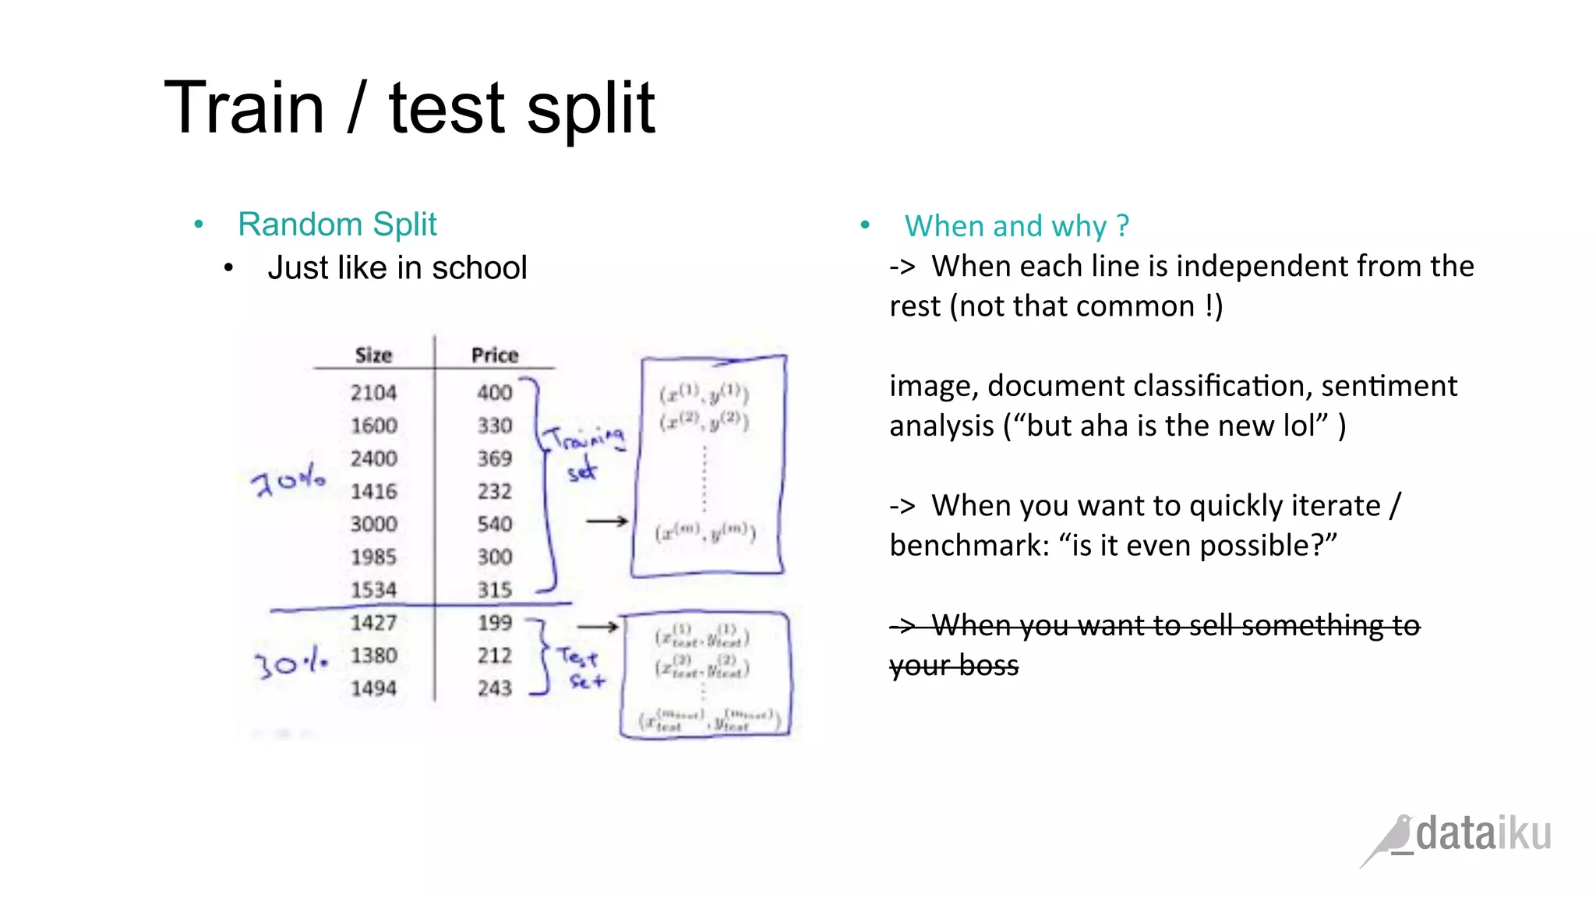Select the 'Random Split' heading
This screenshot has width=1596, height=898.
[337, 224]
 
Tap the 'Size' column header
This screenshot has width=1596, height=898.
[373, 355]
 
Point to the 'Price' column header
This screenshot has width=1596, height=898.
[495, 355]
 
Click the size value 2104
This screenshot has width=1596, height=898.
[373, 393]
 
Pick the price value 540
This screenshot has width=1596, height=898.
[495, 524]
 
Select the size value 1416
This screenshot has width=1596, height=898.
[373, 491]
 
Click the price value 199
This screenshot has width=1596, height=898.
[495, 623]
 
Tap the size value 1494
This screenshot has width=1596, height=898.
[373, 688]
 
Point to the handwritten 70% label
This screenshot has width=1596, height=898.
[288, 480]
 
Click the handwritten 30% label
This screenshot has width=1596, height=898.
[291, 663]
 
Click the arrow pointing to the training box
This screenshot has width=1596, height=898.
[607, 521]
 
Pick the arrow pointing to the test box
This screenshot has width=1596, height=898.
[598, 626]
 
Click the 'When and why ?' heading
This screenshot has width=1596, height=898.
[1016, 226]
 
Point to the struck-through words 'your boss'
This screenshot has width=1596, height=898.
[954, 666]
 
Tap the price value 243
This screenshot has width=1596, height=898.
[495, 688]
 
